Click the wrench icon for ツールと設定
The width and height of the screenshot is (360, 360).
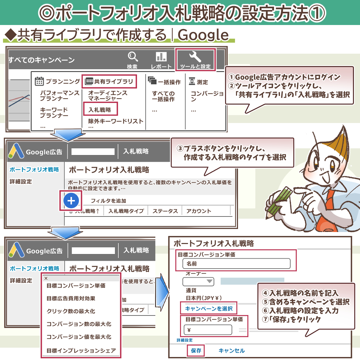pos(195,56)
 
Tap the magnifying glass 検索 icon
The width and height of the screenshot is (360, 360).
pos(133,56)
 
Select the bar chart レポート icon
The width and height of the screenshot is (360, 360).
pos(161,56)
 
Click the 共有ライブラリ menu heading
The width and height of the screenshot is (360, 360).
pos(109,82)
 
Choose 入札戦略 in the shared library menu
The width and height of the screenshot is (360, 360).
pos(100,110)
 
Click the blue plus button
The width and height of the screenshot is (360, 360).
pos(71,201)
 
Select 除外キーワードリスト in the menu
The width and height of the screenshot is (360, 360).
pos(116,121)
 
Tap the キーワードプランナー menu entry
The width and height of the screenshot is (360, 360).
pos(54,113)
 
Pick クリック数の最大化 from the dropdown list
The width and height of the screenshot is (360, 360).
pos(71,311)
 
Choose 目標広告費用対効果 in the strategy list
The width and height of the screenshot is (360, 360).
pos(71,298)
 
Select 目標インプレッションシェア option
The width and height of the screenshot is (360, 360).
pos(81,351)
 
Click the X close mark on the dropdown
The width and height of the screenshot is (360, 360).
pos(46,278)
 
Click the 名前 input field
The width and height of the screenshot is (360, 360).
pos(236,264)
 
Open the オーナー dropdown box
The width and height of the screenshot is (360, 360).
pos(198,281)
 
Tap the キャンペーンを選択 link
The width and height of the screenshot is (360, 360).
pos(209,309)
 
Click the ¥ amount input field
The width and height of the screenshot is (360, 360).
pos(208,330)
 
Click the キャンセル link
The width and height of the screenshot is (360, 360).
pos(232,351)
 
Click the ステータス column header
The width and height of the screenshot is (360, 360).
pos(165,211)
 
